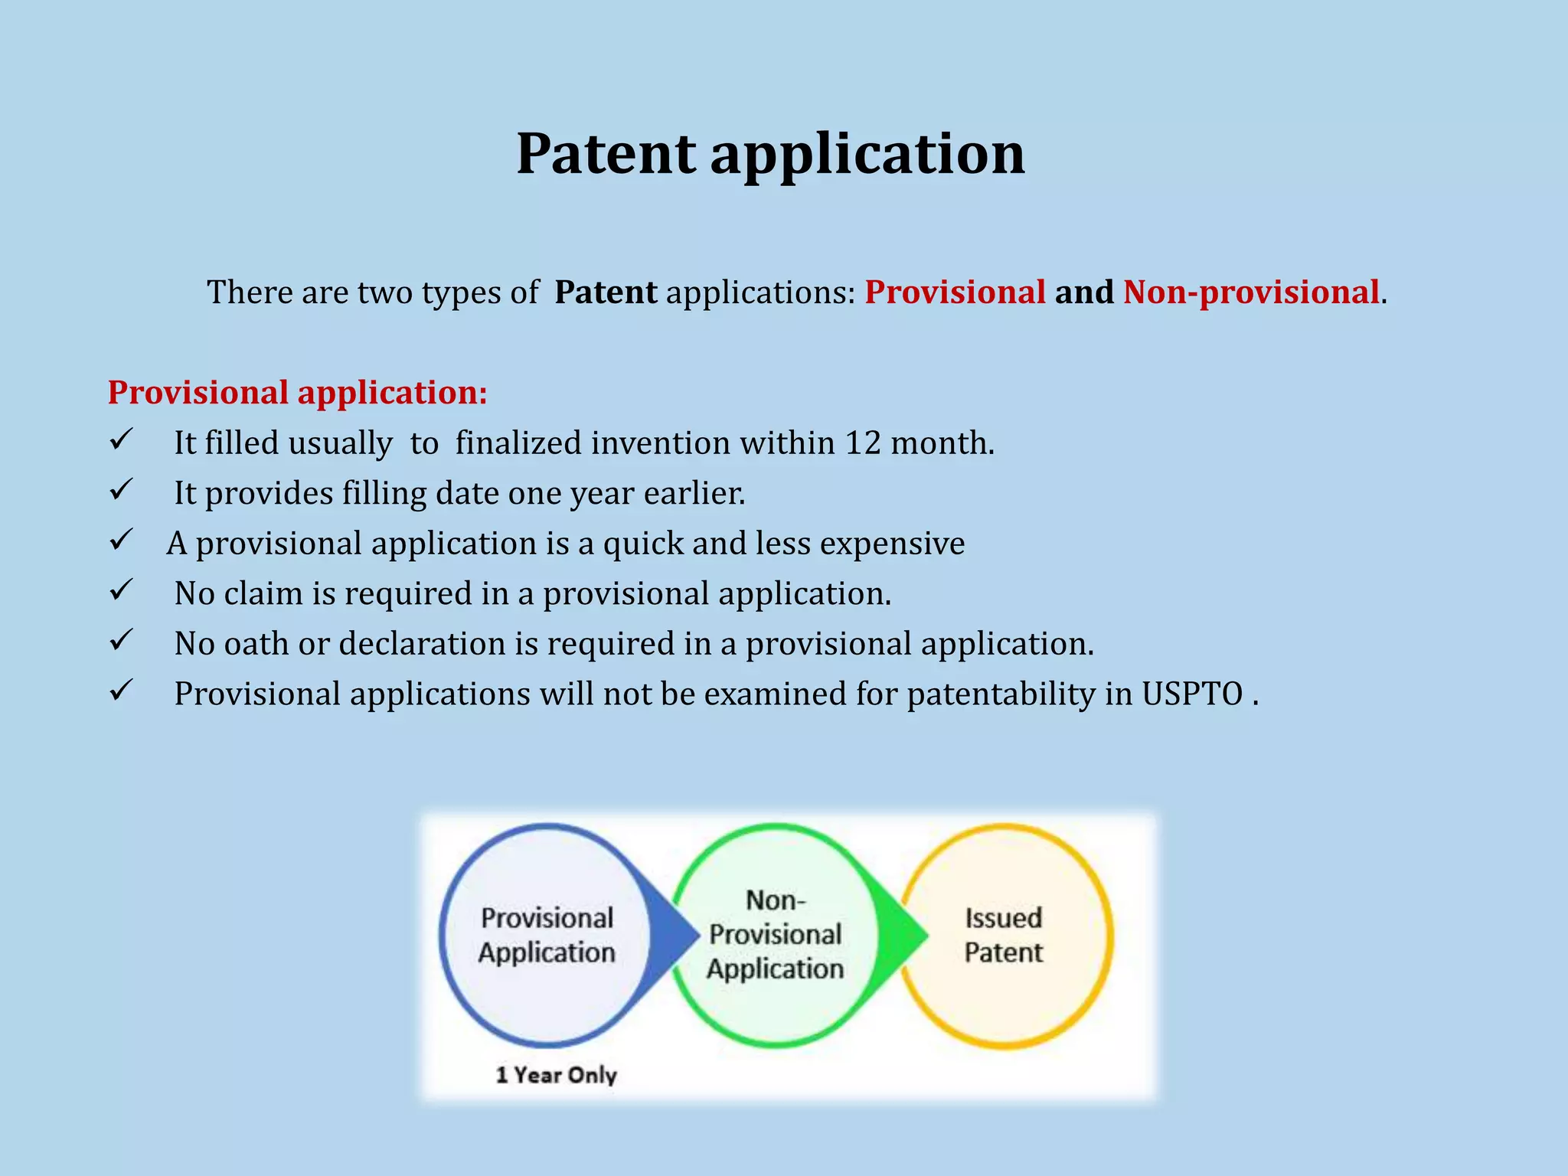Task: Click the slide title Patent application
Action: tap(770, 154)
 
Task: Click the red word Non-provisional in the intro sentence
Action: tap(1251, 292)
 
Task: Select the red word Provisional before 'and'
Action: tap(955, 292)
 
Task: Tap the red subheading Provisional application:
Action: tap(297, 392)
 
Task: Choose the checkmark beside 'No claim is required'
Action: tap(122, 590)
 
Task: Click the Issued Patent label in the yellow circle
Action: tap(1003, 935)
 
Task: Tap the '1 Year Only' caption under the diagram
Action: tap(556, 1075)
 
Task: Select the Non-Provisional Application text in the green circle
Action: tap(775, 935)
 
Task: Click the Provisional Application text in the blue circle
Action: tap(547, 935)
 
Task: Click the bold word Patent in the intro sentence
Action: tap(605, 292)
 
